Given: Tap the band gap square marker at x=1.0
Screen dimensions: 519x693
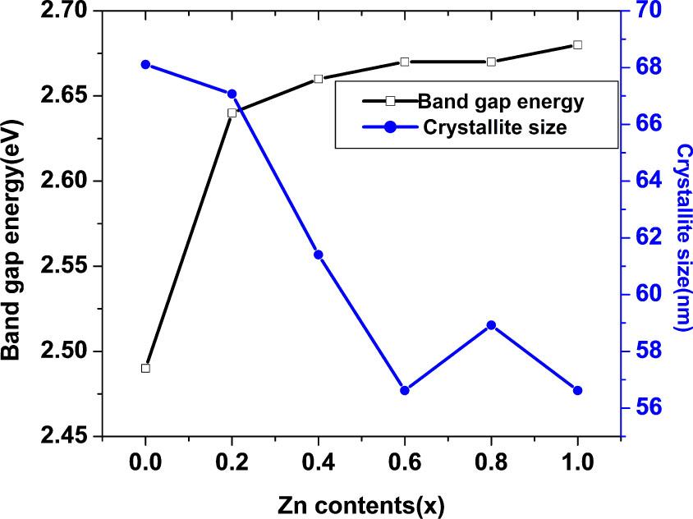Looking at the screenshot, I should click(577, 44).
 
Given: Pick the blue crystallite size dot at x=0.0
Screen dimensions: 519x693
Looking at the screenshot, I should click(145, 65).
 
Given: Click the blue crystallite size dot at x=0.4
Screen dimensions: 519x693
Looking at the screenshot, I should click(318, 255).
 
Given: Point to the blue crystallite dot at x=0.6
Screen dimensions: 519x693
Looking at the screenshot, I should click(405, 390).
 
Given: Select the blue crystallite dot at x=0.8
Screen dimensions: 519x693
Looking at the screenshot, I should click(491, 325).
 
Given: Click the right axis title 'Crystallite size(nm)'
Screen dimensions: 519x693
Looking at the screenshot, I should click(682, 238).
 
